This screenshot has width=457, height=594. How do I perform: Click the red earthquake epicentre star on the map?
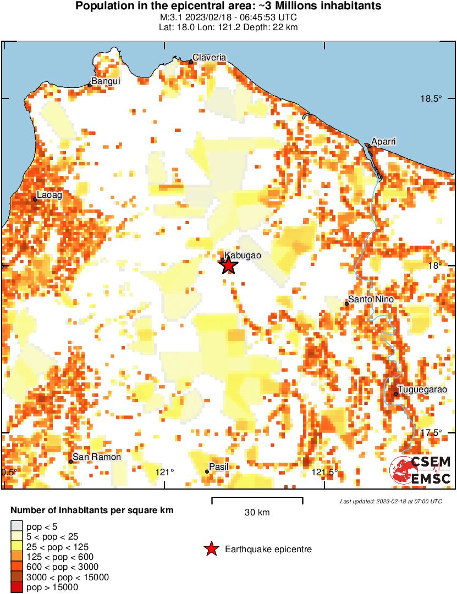tap(229, 266)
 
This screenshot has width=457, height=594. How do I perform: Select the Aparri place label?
tap(383, 142)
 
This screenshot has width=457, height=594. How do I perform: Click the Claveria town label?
tap(209, 58)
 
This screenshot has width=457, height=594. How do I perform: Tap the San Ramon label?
tap(97, 457)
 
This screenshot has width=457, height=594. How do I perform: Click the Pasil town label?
tap(218, 467)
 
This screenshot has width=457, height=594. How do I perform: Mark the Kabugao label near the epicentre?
tap(243, 256)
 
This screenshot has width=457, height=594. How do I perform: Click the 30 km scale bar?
tap(257, 499)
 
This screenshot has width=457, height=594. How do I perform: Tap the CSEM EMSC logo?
tap(421, 470)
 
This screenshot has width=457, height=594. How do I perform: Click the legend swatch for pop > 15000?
tap(17, 587)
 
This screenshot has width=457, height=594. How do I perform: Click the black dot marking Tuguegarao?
tap(396, 393)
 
